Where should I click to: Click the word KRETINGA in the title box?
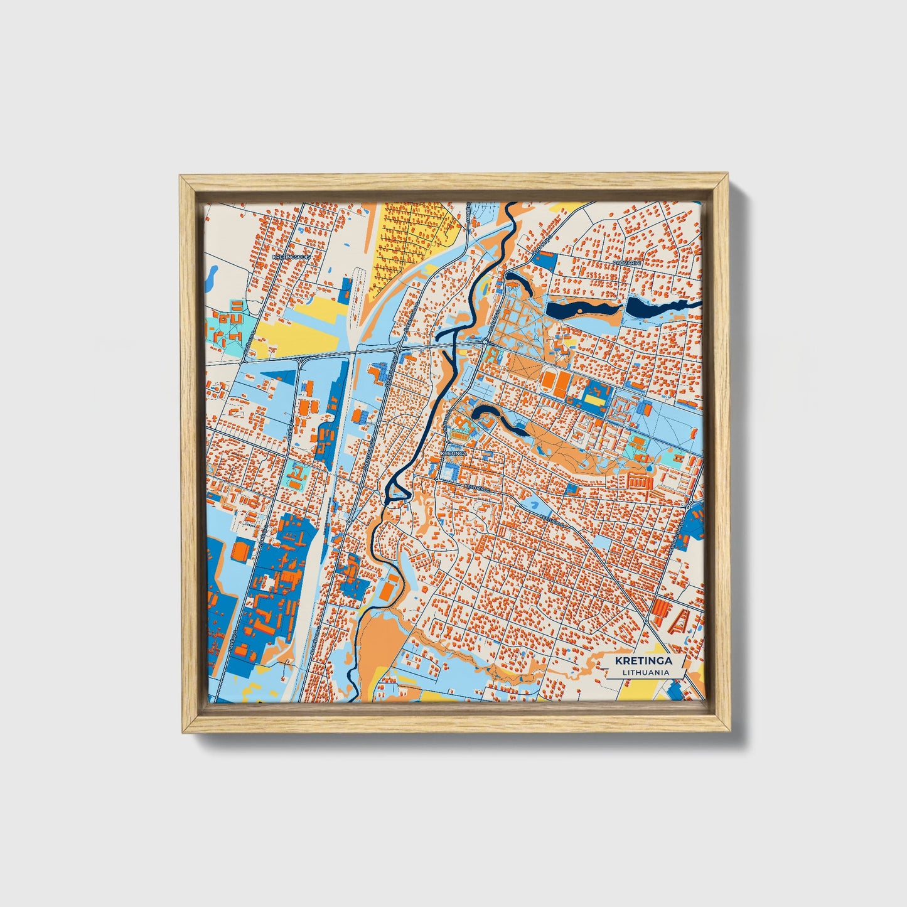643,660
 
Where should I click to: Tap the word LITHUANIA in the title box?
644,672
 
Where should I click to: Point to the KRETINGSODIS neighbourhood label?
291,257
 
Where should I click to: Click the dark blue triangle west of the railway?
280,378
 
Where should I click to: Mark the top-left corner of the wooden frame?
180,177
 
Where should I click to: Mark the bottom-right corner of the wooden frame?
731,732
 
